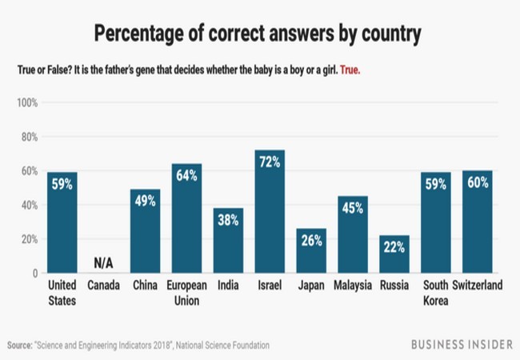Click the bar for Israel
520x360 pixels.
pyautogui.click(x=270, y=212)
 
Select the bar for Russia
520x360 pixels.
pyautogui.click(x=394, y=254)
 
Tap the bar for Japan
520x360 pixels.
pyautogui.click(x=311, y=251)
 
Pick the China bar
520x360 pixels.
pyautogui.click(x=145, y=232)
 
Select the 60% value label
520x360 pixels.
pyautogui.click(x=478, y=183)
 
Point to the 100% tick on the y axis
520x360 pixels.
pyautogui.click(x=27, y=102)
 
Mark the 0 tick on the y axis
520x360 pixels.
pyautogui.click(x=34, y=274)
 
